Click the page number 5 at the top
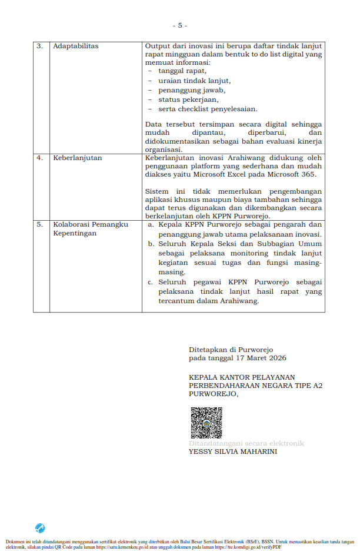(x=179, y=25)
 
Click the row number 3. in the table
(x=40, y=46)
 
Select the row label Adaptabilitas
(x=76, y=46)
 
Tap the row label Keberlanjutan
(x=78, y=158)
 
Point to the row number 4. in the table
(x=40, y=158)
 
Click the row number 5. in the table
(x=40, y=224)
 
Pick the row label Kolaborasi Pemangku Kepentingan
(x=91, y=229)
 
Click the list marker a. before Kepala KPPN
(x=151, y=224)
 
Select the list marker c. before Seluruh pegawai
(x=151, y=282)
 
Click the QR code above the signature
(x=205, y=423)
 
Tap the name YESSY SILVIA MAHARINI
(x=233, y=452)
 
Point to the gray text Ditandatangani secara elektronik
(x=246, y=443)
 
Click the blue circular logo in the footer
(x=41, y=528)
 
